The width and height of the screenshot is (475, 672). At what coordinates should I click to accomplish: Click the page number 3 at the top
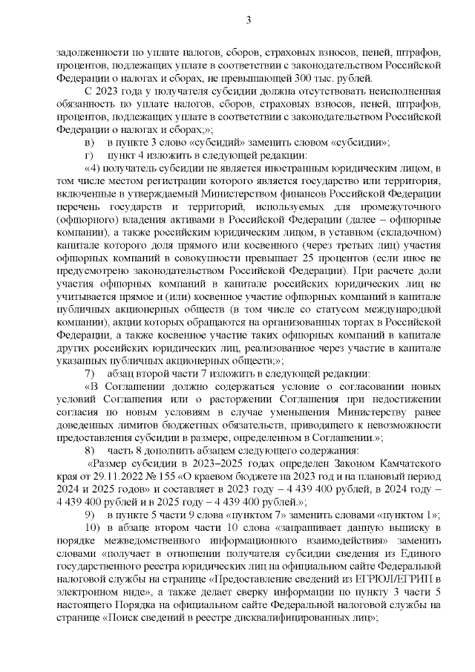[x=248, y=20]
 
